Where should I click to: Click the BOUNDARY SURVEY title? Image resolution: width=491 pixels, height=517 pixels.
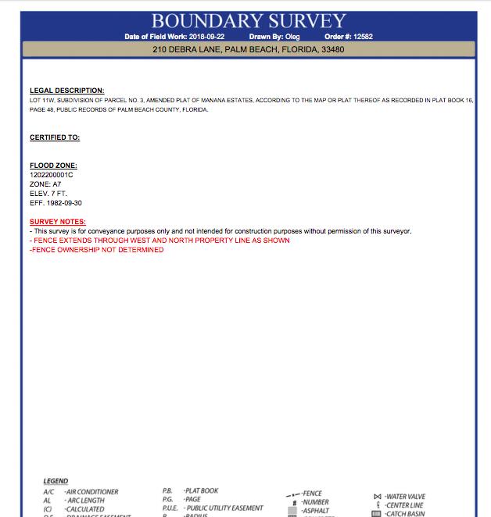click(x=249, y=20)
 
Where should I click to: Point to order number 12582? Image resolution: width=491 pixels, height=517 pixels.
click(x=363, y=37)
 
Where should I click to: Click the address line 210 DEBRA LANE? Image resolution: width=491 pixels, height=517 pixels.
click(x=248, y=50)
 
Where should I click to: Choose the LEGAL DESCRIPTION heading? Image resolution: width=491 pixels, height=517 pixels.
click(x=66, y=91)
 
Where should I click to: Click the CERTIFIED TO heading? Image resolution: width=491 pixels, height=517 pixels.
click(x=55, y=137)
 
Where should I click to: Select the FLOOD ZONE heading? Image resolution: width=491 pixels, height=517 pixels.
click(x=53, y=166)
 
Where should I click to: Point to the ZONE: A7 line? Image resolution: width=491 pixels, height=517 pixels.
click(x=45, y=184)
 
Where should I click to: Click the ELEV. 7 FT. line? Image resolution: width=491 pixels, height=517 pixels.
click(x=49, y=194)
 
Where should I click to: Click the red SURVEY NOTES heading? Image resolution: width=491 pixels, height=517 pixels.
click(x=58, y=222)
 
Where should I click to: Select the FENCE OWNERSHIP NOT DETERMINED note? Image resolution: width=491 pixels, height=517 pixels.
click(x=97, y=250)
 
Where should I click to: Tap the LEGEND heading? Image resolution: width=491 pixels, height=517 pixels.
click(x=56, y=481)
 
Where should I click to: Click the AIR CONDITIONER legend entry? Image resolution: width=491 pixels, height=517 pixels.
click(x=91, y=492)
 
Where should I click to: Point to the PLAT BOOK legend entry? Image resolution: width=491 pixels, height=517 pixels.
click(x=201, y=491)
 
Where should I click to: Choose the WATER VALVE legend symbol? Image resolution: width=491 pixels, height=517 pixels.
click(x=377, y=496)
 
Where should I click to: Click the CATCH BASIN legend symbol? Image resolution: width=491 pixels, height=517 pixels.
click(x=376, y=514)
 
